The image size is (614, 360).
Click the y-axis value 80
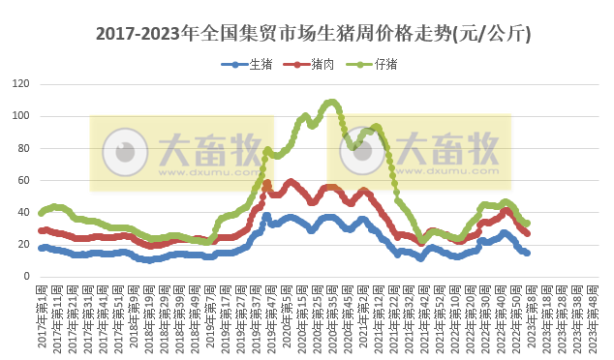tap(20, 148)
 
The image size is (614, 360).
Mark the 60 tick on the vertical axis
tap(20, 180)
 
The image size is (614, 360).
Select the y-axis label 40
tap(20, 212)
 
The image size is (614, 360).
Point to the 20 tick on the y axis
tap(20, 244)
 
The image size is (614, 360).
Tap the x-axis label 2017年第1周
tap(42, 315)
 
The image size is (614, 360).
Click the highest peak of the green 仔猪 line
tap(332, 102)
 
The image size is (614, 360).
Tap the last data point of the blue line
tap(527, 253)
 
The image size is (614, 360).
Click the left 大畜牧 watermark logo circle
tap(124, 151)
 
